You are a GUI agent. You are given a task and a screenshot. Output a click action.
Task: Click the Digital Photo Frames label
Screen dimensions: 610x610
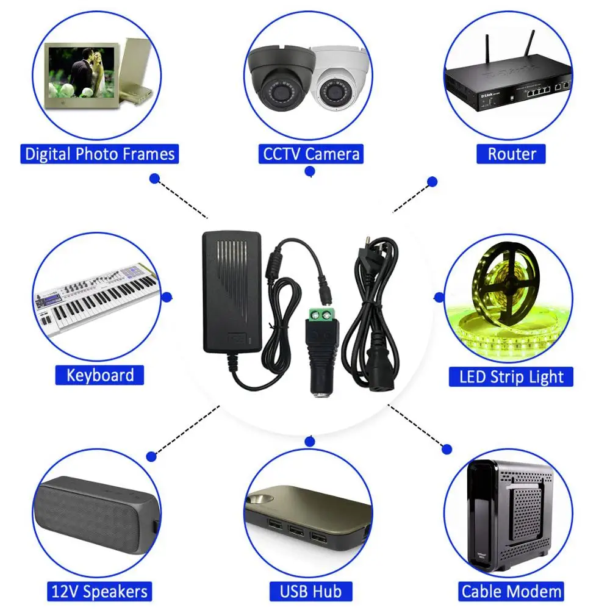[100, 154]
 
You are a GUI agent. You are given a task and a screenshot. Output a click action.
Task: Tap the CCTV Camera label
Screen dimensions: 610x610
[311, 154]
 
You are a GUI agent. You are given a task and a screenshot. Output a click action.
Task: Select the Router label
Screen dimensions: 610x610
[511, 154]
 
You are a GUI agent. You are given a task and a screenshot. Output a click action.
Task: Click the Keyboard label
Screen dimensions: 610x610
[100, 375]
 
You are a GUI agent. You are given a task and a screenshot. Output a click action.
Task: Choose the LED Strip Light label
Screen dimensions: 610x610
[511, 376]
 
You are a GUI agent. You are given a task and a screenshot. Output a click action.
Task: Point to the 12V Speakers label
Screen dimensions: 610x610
[99, 590]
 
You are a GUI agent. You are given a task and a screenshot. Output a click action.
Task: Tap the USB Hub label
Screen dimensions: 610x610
[311, 590]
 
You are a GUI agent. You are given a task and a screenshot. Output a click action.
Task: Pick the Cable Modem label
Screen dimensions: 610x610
[511, 590]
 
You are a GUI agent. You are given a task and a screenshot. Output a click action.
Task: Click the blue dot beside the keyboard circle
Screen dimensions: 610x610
[167, 297]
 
